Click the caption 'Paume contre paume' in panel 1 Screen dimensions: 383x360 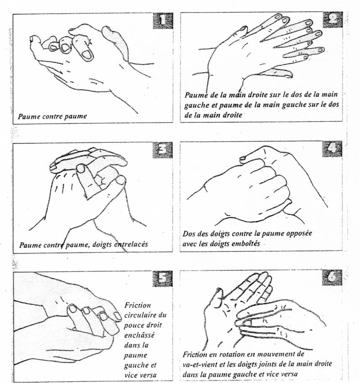(52, 116)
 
